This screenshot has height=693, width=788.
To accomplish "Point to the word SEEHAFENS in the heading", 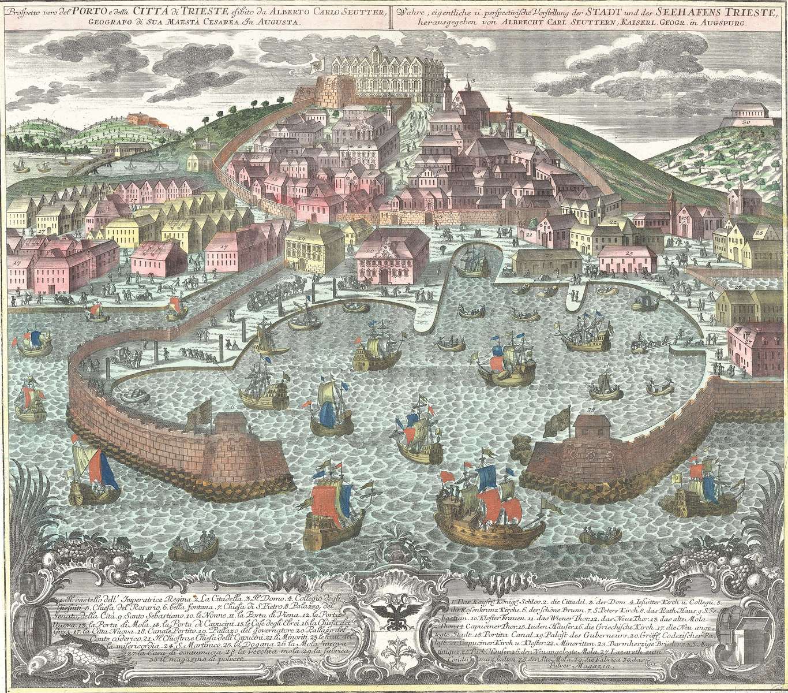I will coord(669,9).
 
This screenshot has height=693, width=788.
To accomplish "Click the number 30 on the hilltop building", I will coord(745,122).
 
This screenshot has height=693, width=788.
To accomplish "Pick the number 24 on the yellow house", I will coord(758,232).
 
